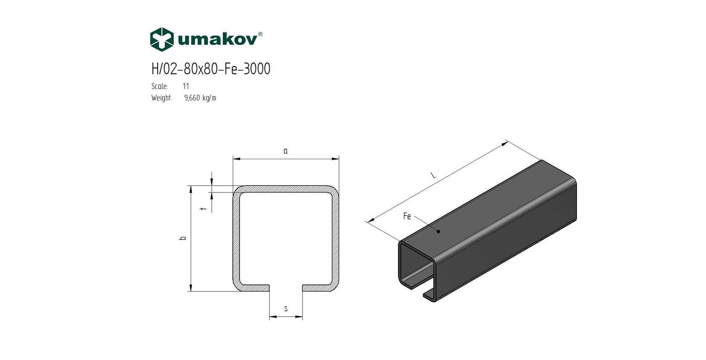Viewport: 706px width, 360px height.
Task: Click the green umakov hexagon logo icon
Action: [162, 39]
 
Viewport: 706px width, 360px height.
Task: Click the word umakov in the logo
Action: [217, 40]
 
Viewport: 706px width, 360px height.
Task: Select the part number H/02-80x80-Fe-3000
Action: [211, 69]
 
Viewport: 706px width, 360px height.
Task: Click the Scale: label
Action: [160, 86]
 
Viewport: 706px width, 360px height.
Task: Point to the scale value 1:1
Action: [186, 86]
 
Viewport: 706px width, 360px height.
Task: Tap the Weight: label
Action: [162, 98]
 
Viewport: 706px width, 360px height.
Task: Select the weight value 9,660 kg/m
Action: [200, 98]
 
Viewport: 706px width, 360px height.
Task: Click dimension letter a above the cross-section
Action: [286, 151]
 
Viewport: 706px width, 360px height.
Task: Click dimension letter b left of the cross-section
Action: [183, 238]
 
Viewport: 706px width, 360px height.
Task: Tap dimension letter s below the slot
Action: [286, 309]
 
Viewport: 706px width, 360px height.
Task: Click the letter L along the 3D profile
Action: [433, 176]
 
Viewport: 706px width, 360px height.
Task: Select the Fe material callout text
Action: [407, 216]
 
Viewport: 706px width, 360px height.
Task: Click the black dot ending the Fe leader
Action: [438, 231]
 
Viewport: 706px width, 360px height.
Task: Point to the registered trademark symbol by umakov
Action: [260, 34]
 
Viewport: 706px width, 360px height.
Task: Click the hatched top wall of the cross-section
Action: [286, 189]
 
